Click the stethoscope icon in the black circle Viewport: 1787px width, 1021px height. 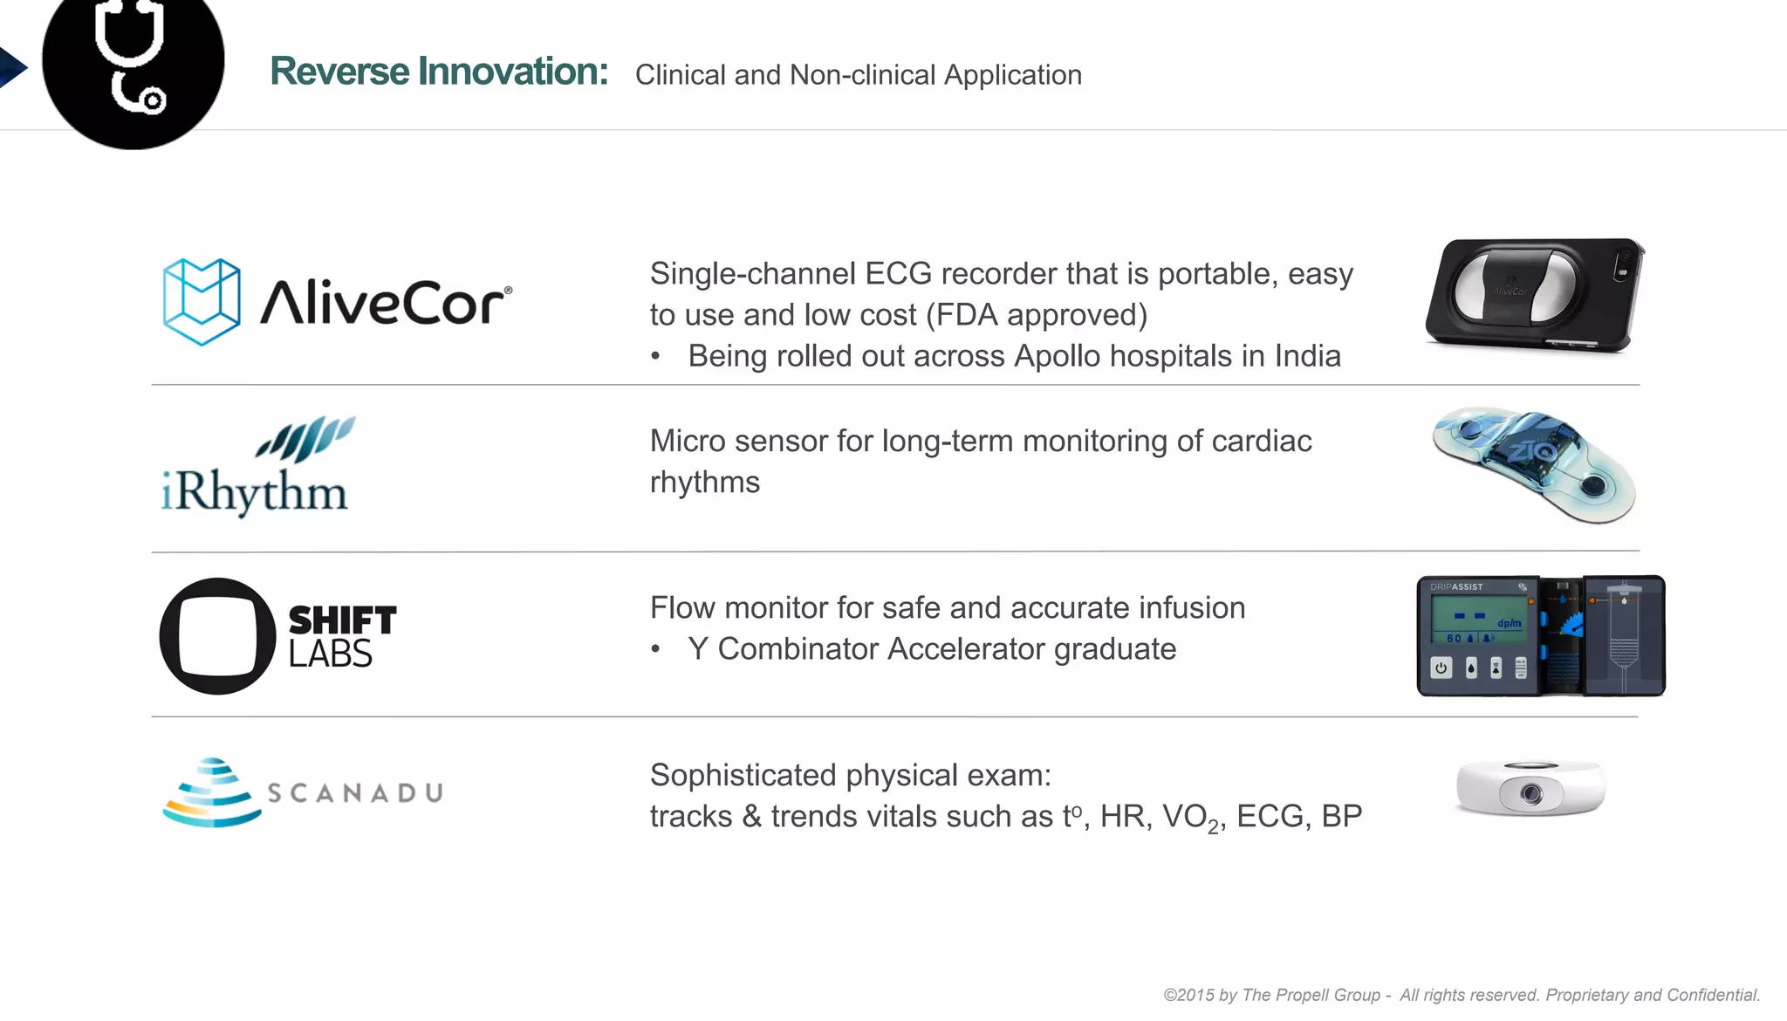click(132, 57)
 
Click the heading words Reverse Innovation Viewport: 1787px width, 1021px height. click(438, 72)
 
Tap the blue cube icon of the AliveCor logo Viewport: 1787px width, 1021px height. click(202, 301)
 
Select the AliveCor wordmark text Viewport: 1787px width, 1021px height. click(385, 303)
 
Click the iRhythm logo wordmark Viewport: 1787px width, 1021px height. click(255, 491)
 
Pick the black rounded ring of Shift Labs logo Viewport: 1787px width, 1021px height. click(217, 636)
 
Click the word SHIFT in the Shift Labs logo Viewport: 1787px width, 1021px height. click(342, 620)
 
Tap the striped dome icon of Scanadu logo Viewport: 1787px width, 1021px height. click(212, 792)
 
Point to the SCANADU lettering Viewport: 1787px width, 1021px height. click(355, 792)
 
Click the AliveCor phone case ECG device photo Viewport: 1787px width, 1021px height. click(1533, 294)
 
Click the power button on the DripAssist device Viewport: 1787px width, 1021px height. click(1441, 668)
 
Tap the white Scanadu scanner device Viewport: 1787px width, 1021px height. click(1530, 788)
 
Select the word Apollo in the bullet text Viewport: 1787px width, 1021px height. click(1058, 356)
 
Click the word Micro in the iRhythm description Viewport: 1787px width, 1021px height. click(688, 442)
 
